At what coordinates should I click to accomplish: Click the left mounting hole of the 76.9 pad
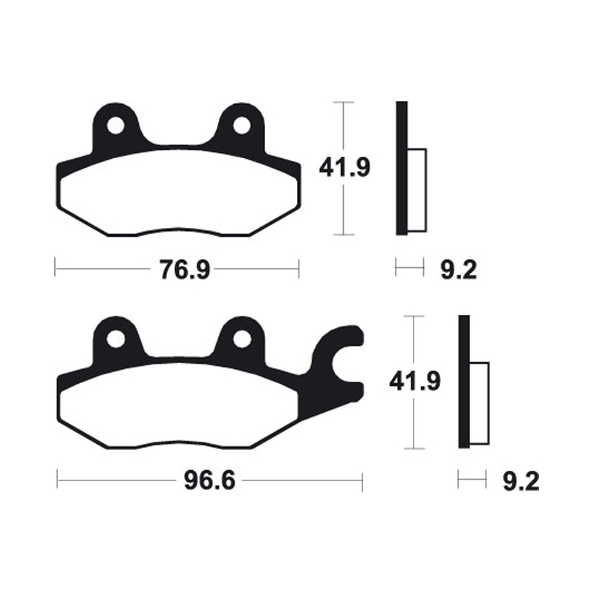115,126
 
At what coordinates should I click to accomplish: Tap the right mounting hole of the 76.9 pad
241,126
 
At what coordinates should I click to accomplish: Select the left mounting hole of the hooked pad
115,339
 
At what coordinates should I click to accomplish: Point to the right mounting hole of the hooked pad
241,339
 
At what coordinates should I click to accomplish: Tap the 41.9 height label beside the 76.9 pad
345,167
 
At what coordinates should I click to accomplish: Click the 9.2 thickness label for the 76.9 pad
457,269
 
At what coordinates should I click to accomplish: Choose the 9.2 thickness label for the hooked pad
520,482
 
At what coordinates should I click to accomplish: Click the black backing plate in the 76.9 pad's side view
402,168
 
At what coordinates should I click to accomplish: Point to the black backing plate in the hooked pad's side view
464,382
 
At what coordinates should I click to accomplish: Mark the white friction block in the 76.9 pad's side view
417,189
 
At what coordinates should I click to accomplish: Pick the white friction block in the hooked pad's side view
480,403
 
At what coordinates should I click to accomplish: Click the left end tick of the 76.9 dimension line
55,267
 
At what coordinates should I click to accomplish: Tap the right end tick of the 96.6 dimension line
362,481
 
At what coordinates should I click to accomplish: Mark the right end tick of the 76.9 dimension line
298,267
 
